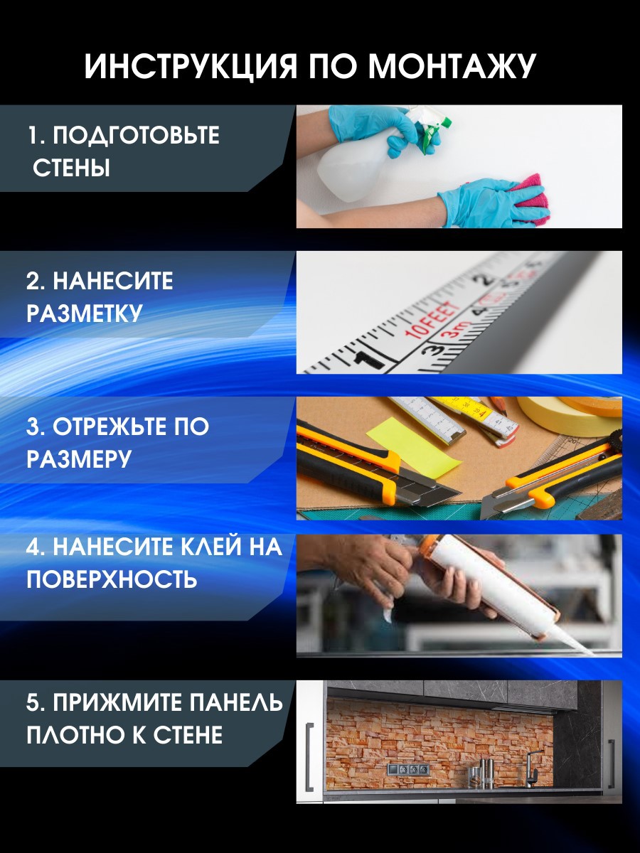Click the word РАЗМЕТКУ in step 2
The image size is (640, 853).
pyautogui.click(x=85, y=313)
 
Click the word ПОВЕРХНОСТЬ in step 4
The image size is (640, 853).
pyautogui.click(x=112, y=579)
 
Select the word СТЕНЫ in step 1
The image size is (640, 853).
pyautogui.click(x=72, y=169)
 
